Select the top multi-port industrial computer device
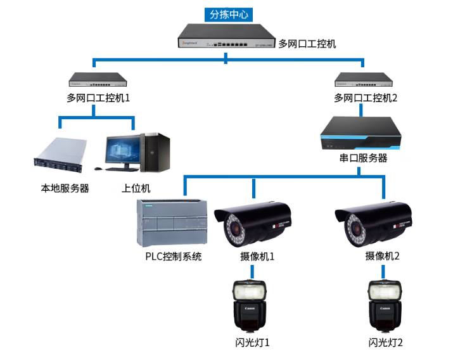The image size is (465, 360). click(x=226, y=37)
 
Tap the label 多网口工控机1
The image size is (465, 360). click(x=98, y=98)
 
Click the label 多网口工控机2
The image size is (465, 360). click(x=366, y=98)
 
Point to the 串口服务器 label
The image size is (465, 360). click(x=363, y=158)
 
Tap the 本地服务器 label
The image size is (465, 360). click(x=65, y=188)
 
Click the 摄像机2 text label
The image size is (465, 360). click(x=383, y=257)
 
